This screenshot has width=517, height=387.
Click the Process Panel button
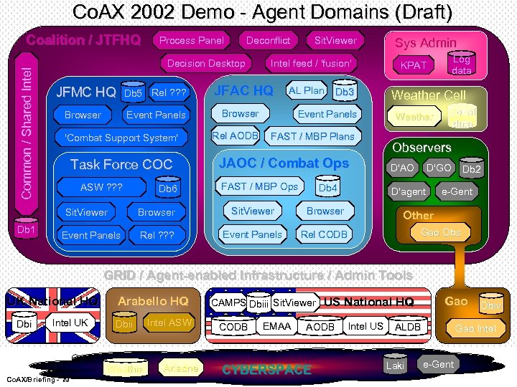[192, 41]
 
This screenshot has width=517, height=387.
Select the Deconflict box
[269, 41]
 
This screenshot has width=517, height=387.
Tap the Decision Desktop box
[206, 64]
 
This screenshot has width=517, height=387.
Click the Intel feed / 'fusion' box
[311, 64]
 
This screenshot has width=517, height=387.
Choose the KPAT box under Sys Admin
[414, 65]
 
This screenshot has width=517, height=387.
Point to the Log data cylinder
[461, 64]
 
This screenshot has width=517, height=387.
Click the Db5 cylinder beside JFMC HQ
[134, 93]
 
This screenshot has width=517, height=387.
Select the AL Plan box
[307, 91]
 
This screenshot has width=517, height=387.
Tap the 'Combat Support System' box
[121, 138]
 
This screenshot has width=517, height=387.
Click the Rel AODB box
[236, 136]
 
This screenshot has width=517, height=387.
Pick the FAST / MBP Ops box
[259, 186]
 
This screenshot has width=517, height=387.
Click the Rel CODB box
[324, 234]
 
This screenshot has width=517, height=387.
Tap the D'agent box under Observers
[409, 192]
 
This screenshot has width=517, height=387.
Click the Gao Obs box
[441, 232]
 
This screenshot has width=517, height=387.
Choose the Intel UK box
[70, 323]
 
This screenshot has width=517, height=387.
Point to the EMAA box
[277, 327]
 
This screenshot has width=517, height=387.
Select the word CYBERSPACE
[267, 371]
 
